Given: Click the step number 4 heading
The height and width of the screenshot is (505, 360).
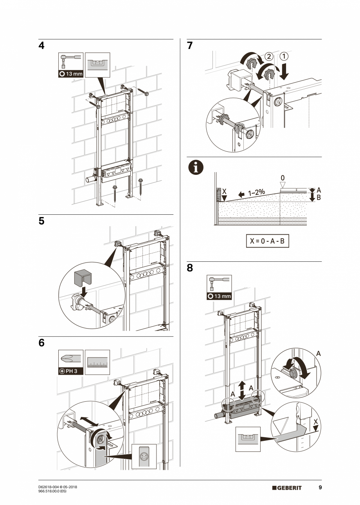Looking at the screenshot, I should [x=41, y=46].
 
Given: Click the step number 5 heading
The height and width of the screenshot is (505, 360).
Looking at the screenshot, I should [x=41, y=221].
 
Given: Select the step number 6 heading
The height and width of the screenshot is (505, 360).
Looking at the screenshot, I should [x=41, y=343].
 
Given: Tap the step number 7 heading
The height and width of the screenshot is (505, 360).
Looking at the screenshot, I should [x=190, y=46].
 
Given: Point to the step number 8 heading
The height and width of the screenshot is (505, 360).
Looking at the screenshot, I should [x=190, y=268].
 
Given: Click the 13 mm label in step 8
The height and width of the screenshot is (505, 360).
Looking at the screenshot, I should [x=219, y=296].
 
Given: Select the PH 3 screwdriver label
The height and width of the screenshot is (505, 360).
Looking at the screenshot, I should [x=71, y=371].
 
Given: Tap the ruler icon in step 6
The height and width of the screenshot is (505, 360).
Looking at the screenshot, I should [x=97, y=362].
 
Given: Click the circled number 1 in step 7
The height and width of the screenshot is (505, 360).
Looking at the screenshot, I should [x=284, y=56].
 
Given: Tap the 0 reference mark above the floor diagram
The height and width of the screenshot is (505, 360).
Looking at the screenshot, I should [x=283, y=178].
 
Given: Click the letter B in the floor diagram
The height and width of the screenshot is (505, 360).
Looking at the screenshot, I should [x=318, y=198].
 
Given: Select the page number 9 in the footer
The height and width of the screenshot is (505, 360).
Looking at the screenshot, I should [x=320, y=487].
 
